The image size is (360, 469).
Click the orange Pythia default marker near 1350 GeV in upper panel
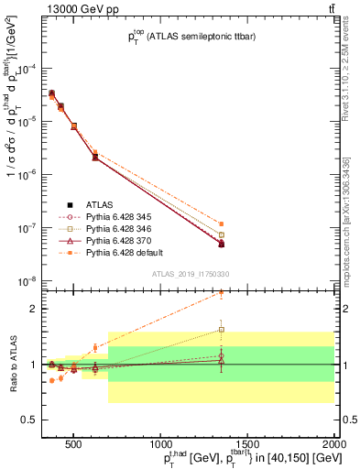click(324, 224)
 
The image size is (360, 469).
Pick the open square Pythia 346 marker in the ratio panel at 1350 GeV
click(324, 330)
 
